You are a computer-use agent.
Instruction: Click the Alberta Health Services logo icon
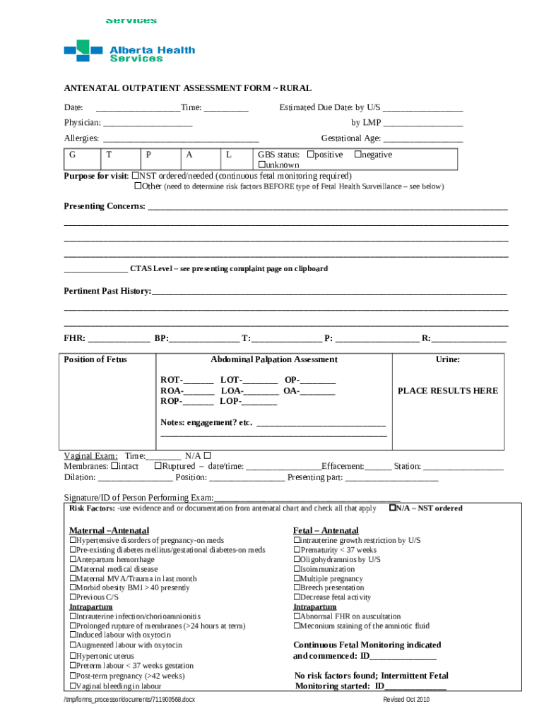83,50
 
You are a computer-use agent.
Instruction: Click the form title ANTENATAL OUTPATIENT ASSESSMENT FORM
187,88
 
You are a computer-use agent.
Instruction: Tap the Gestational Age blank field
423,138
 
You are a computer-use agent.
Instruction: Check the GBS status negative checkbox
357,155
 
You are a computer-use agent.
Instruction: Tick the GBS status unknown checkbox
261,165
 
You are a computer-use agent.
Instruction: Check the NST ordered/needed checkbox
136,176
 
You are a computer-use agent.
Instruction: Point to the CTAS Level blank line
95,269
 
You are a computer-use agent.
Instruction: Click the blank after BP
204,338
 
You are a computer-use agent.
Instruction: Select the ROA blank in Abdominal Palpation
199,390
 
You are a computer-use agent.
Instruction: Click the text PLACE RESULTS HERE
447,390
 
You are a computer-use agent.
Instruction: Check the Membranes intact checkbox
114,466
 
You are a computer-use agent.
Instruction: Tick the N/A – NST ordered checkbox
392,508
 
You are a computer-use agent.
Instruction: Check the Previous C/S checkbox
72,597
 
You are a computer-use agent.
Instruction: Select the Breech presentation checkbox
296,587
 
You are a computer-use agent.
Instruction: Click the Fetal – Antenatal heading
326,530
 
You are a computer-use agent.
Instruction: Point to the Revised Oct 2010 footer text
406,700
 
